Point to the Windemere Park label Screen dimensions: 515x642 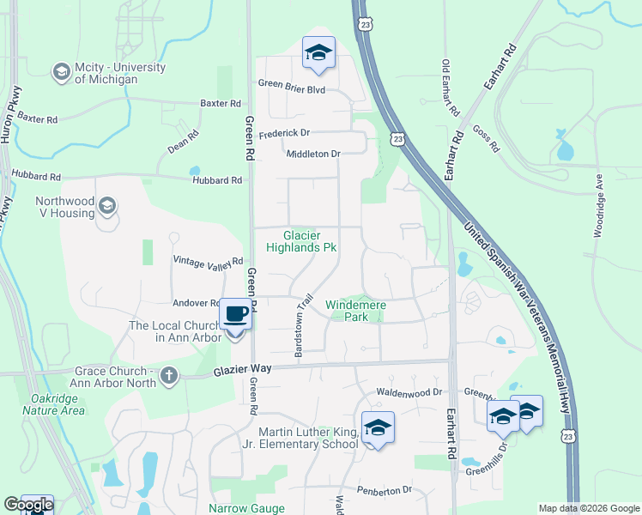356,311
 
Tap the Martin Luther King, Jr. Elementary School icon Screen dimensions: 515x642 378,427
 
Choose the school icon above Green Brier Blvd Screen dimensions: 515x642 318,53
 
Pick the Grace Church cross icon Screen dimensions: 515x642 169,375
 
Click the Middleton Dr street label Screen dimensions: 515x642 313,154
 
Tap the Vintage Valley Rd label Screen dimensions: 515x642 209,260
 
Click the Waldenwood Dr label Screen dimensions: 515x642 409,392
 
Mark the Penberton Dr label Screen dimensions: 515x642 385,490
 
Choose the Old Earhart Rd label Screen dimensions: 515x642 449,88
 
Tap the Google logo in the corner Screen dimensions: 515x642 28,505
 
